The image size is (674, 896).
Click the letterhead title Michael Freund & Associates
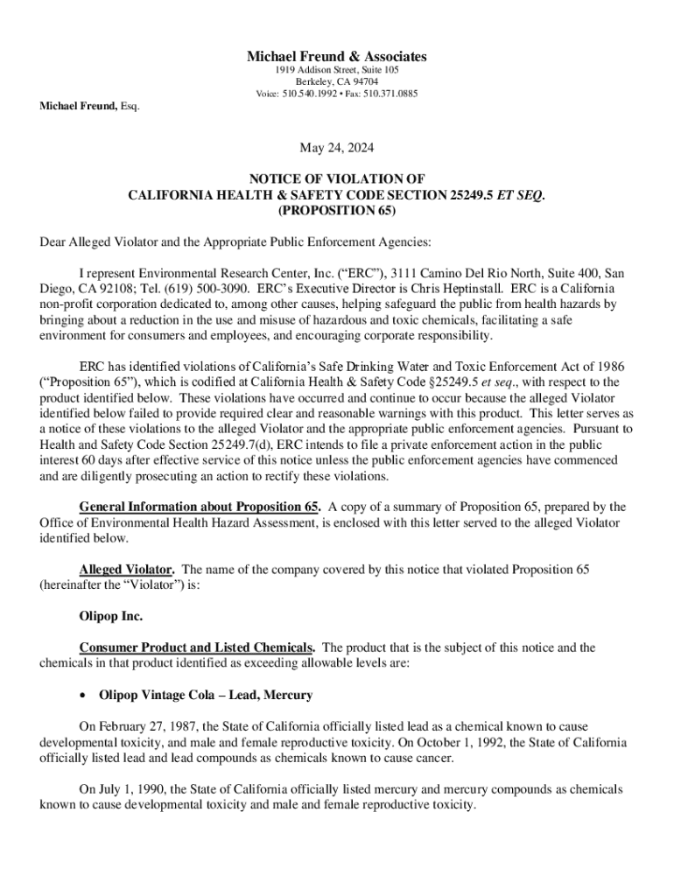(336, 57)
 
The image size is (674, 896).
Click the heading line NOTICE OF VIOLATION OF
(336, 178)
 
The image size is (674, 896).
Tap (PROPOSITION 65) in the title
(336, 211)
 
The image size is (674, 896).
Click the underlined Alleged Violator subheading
(126, 570)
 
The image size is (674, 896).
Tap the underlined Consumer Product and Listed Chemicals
(197, 647)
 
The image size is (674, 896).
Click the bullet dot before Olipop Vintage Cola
(82, 696)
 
